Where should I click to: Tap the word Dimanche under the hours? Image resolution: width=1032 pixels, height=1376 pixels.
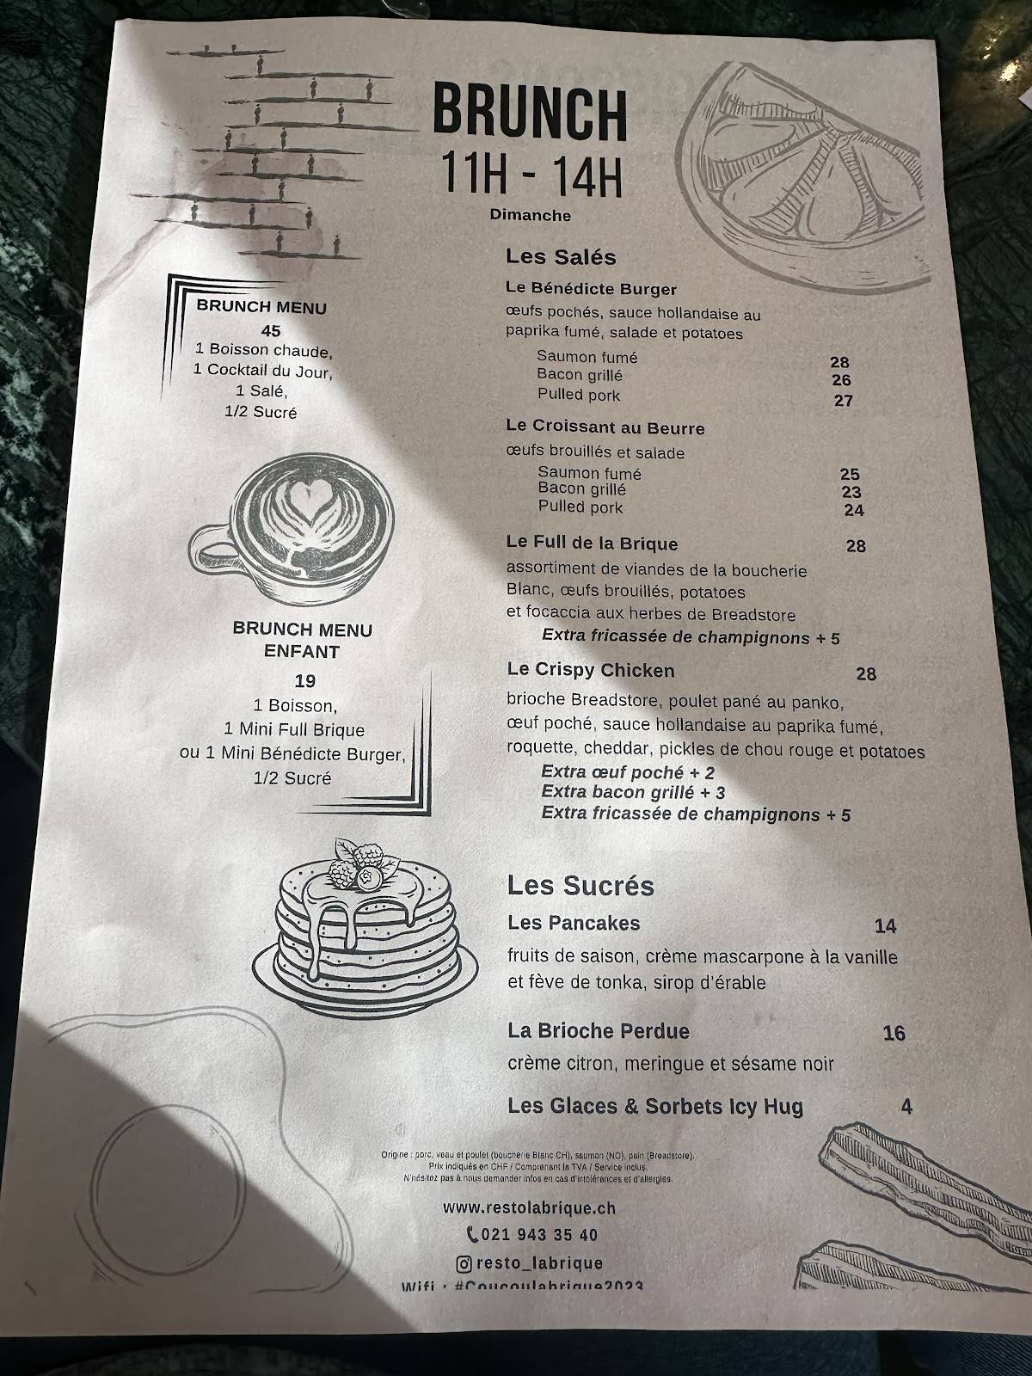(x=530, y=215)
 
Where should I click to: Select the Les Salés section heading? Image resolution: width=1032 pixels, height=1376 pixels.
(x=561, y=256)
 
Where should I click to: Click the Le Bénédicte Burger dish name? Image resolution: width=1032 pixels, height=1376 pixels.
(x=592, y=289)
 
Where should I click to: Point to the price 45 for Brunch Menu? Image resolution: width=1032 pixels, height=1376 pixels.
(x=271, y=331)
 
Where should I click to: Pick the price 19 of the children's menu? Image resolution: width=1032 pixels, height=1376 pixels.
(x=304, y=681)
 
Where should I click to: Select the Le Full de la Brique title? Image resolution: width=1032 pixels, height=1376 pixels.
(x=592, y=544)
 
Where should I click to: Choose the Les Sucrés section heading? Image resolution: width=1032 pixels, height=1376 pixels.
(x=580, y=886)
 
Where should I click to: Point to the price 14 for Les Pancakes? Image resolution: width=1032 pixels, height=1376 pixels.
(x=885, y=926)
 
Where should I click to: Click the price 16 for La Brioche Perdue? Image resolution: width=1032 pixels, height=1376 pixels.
(x=894, y=1033)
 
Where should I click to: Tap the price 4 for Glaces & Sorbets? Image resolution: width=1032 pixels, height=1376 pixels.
(x=906, y=1107)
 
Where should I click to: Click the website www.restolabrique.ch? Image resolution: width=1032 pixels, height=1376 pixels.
(x=529, y=1207)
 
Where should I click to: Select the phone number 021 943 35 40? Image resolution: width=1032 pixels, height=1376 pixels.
(x=539, y=1235)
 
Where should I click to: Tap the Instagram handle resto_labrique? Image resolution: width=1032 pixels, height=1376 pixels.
(x=540, y=1262)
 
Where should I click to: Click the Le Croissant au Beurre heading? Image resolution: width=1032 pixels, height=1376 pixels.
(x=605, y=428)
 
